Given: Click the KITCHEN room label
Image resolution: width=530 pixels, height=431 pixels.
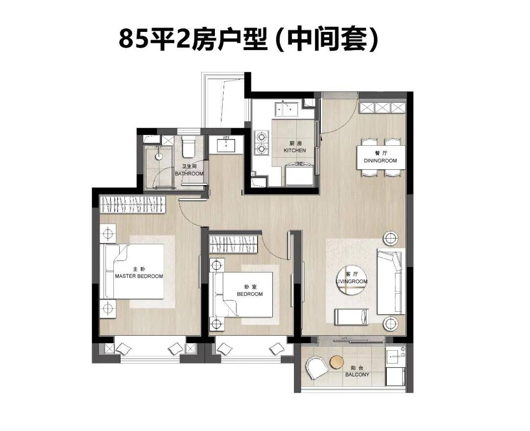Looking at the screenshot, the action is pos(295,150).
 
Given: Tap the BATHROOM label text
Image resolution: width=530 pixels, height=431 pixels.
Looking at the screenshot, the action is pos(189,174).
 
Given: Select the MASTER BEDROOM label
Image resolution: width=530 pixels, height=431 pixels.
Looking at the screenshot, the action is pos(139,276).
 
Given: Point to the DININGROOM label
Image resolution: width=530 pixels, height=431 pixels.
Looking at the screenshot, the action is pos(380,161).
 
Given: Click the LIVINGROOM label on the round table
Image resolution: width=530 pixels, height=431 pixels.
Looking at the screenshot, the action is pos(351,281).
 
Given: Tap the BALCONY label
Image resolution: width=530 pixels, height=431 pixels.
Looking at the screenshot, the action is pos(357,375).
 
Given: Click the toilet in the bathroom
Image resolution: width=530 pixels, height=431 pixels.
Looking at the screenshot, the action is pos(188,147).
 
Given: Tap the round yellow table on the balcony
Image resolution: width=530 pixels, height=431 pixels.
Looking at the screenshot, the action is pos(337,362).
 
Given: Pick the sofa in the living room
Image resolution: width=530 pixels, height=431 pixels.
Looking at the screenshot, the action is pos(391,281).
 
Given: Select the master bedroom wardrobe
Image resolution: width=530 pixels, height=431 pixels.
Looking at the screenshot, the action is pos(133,205).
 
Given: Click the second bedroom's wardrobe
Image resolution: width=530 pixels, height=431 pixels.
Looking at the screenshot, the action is pos(234,244).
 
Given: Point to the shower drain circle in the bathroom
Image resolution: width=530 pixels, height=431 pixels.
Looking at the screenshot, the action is pos(159,157).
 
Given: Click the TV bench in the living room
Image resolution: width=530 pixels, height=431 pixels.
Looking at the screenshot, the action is pos(351,317).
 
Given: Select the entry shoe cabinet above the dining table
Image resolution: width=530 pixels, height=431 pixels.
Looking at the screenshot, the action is pos(382,108).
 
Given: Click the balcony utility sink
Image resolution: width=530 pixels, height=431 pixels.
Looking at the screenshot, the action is pos(396,355).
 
